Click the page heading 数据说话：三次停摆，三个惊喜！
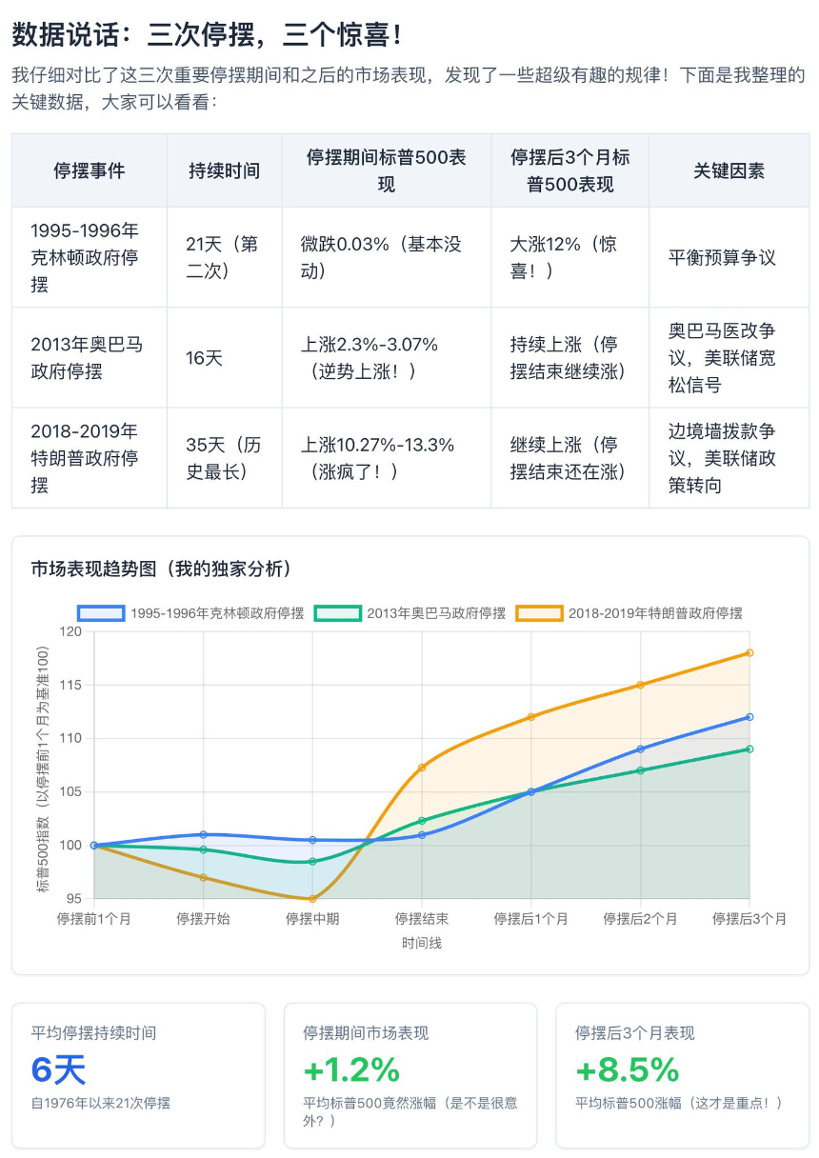pos(207,35)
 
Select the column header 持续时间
pos(224,170)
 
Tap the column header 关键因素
pos(729,170)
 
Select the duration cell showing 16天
pos(204,358)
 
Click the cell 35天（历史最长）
pos(223,458)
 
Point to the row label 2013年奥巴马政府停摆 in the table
pos(87,358)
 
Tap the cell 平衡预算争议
pos(722,257)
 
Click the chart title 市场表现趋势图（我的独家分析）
pos(161,569)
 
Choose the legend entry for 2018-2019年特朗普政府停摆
pos(629,613)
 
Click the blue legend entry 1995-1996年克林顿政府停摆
pos(191,613)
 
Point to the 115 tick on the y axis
pos(70,685)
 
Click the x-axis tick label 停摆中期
pos(312,919)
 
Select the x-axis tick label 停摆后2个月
pos(640,919)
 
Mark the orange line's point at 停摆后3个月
pos(749,652)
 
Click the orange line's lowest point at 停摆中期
pos(312,898)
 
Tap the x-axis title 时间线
pos(421,943)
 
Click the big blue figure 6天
pos(58,1070)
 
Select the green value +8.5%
pos(627,1070)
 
